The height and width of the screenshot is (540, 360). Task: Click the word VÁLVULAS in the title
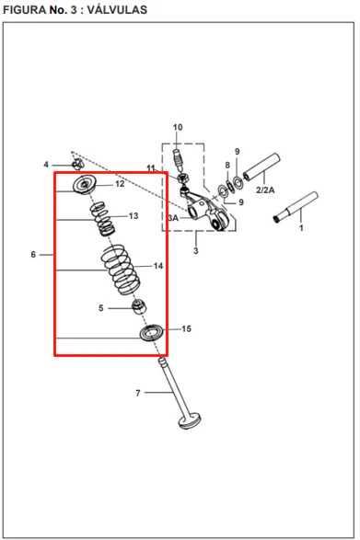[x=117, y=9]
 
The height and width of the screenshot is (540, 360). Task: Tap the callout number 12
[x=120, y=184]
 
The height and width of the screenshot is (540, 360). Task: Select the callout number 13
[x=134, y=216]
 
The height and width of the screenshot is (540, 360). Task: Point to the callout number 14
[x=158, y=266]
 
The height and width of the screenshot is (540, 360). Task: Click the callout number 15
[x=186, y=329]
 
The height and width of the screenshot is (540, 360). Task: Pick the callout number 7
[x=138, y=393]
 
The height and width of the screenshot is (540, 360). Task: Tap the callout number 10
[x=178, y=128]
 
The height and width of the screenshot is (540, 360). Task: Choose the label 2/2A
[x=265, y=190]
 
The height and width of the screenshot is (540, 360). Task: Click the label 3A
[x=173, y=218]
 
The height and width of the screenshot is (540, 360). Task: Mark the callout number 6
[x=33, y=255]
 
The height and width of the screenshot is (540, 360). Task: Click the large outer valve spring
[x=121, y=270]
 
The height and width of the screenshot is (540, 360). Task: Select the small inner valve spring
[x=102, y=219]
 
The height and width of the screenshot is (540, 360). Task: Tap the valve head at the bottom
[x=190, y=422]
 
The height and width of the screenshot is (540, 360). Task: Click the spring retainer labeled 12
[x=85, y=185]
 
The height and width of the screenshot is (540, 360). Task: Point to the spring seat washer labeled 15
[x=151, y=333]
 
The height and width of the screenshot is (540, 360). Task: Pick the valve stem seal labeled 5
[x=139, y=306]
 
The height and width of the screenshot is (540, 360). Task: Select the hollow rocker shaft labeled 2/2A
[x=261, y=167]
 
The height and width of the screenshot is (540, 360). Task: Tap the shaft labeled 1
[x=296, y=207]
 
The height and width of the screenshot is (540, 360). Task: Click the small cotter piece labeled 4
[x=77, y=165]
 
